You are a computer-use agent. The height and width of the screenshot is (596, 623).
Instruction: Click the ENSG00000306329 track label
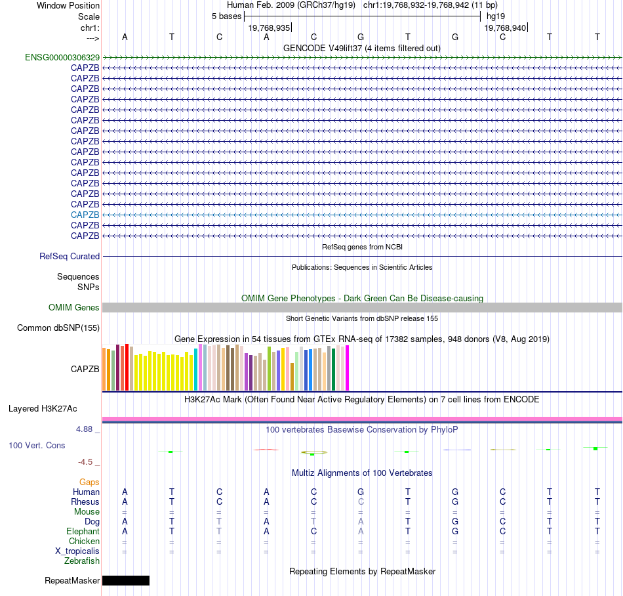coord(62,57)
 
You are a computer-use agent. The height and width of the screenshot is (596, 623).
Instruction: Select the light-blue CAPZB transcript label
coord(85,215)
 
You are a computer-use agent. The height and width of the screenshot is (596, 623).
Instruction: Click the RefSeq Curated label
coord(70,257)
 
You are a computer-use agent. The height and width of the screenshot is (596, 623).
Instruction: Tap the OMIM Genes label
coord(74,308)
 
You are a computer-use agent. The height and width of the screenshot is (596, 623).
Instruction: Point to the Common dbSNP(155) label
coord(58,328)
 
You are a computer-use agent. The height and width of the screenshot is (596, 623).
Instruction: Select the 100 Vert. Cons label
coord(37,446)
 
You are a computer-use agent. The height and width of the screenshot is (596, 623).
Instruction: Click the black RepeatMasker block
coord(126,580)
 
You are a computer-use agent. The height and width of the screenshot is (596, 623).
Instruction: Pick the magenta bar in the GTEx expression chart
coord(348,368)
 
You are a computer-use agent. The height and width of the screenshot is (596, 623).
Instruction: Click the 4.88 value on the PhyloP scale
coord(88,430)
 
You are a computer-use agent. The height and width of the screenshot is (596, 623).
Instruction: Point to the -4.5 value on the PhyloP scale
coord(89,462)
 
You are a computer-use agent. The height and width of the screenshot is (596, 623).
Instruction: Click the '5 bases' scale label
coord(226,16)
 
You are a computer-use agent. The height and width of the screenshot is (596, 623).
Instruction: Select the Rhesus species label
coord(85,502)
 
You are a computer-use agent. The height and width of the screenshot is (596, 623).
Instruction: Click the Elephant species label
coord(83,532)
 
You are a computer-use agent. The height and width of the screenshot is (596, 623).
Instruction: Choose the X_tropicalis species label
coord(77,551)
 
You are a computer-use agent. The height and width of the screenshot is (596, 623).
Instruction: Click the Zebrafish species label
coord(82,561)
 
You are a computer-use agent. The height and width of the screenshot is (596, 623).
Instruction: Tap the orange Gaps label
coord(89,482)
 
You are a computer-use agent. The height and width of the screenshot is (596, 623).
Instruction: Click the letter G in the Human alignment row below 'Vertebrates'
coord(361,492)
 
